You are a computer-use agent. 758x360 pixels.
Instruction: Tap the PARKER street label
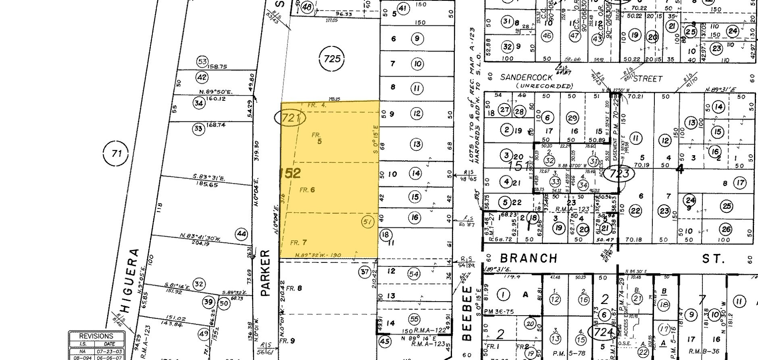pos(264,273)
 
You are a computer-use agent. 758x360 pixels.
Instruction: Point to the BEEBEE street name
pos(467,313)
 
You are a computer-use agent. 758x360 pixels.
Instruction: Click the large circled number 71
pos(116,153)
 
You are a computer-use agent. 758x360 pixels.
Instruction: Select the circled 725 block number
pos(332,59)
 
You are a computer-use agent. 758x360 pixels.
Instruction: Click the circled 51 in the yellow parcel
pos(367,222)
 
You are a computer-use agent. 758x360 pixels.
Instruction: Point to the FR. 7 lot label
pos(298,243)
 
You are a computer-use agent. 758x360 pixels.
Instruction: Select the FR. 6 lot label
pos(307,190)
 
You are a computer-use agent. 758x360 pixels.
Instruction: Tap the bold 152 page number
pos(291,173)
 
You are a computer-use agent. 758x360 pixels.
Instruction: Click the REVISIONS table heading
pos(96,336)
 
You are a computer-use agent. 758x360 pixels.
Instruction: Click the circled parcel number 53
pos(202,62)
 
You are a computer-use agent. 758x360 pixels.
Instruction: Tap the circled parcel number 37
pos(364,272)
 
